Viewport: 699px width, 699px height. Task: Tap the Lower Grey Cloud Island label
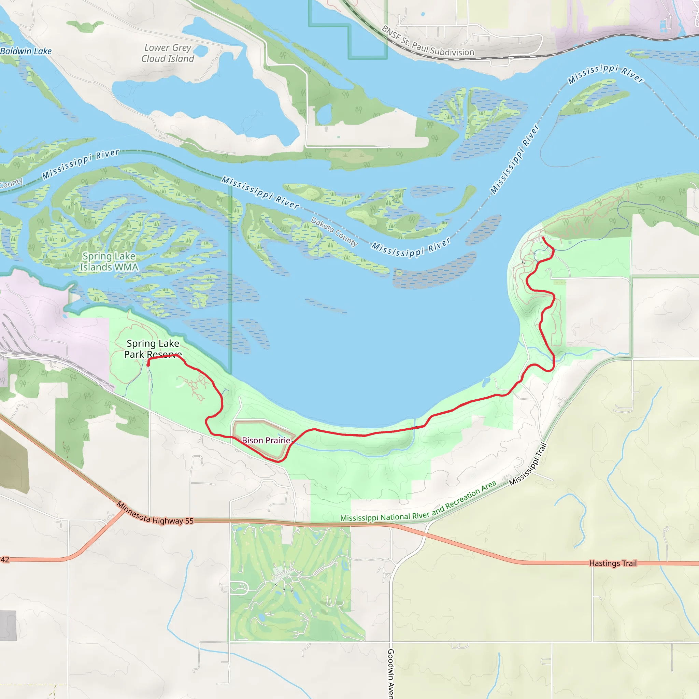[x=168, y=53]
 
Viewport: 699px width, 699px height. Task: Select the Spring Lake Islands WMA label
[x=109, y=261]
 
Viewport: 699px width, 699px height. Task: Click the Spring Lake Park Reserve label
[x=153, y=349]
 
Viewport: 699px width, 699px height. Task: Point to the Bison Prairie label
[x=266, y=440]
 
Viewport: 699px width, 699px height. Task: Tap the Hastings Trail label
[x=613, y=563]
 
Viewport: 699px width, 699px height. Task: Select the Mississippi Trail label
[x=528, y=464]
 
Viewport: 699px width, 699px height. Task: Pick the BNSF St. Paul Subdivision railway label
[x=427, y=42]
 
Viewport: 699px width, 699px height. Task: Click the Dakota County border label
[x=334, y=232]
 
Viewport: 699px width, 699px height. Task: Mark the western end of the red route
[x=148, y=365]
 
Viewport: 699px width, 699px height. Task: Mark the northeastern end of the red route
[x=543, y=238]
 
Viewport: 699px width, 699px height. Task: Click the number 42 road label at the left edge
[x=5, y=560]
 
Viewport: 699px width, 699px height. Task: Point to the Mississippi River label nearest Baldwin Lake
[x=80, y=164]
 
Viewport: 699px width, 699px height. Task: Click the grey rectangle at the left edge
[x=8, y=626]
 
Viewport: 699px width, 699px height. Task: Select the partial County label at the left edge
[x=11, y=183]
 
